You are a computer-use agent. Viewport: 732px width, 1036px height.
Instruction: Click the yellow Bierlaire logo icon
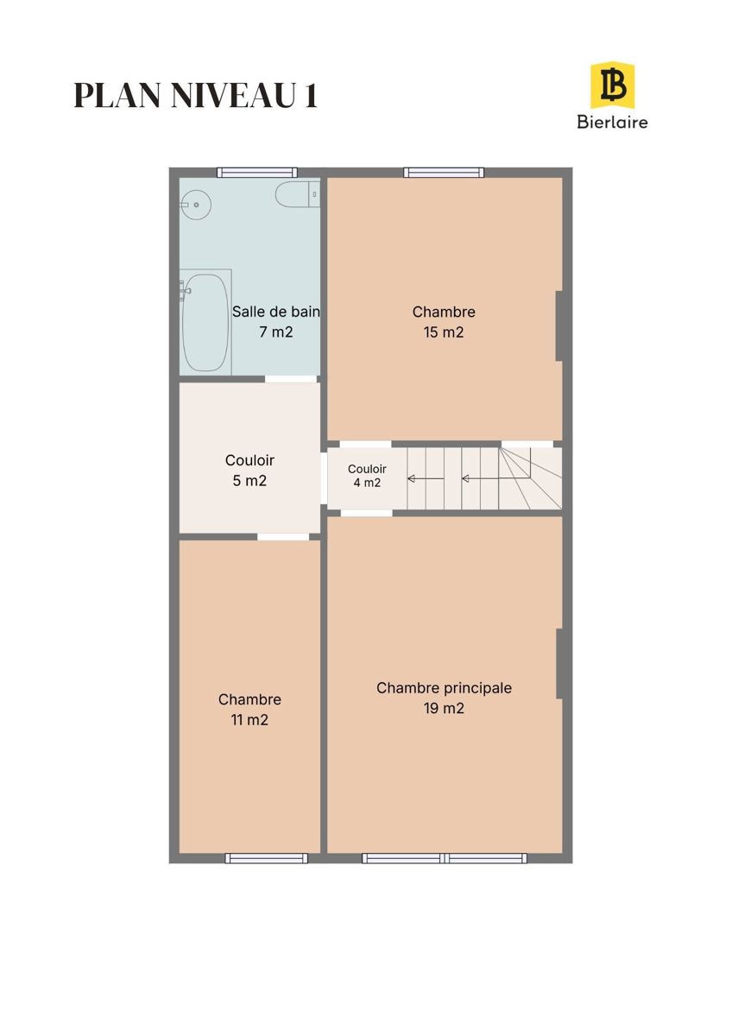[612, 85]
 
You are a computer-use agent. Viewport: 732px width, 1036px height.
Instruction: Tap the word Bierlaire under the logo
[612, 122]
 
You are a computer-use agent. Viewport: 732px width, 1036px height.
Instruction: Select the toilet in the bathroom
[297, 195]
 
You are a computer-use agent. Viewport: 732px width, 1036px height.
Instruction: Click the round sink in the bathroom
[195, 205]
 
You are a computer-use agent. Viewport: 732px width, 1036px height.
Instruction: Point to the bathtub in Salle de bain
[205, 322]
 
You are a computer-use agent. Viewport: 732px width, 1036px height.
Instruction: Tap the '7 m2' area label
[276, 332]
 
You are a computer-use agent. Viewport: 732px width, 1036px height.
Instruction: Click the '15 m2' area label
[444, 332]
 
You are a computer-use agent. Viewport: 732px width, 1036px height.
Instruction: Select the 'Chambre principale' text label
[444, 688]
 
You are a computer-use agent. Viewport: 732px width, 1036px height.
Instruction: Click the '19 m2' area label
[444, 708]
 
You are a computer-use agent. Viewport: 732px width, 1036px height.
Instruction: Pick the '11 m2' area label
[249, 720]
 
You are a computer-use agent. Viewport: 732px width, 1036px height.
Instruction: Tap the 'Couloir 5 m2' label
[249, 471]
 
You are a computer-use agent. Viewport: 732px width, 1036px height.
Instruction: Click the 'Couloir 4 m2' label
[367, 476]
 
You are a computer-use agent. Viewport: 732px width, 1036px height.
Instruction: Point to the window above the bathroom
[257, 173]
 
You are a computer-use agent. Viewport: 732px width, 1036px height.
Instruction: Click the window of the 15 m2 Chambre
[444, 173]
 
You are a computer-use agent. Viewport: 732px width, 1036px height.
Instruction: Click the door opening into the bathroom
[291, 379]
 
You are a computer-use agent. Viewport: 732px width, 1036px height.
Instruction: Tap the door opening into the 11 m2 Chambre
[283, 536]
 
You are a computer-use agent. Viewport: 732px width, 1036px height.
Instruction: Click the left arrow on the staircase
[426, 478]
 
